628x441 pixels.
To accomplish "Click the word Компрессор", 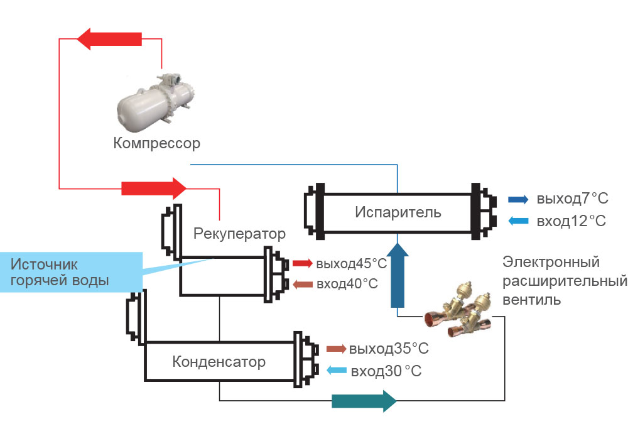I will [x=156, y=143].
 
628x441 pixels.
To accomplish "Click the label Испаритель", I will [x=398, y=212].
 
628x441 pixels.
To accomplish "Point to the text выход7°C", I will [x=572, y=199].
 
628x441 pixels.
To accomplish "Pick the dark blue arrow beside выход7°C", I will [x=518, y=200].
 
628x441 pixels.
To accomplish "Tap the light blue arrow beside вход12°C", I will [x=518, y=220].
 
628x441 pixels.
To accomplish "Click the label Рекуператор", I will [x=239, y=234].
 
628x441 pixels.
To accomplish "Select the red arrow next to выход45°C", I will [x=302, y=263].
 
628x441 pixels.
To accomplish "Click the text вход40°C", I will [x=347, y=284].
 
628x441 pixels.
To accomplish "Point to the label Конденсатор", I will [x=219, y=362].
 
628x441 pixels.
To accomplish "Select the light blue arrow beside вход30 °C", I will [x=336, y=370].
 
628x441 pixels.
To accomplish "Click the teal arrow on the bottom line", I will [x=364, y=400].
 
